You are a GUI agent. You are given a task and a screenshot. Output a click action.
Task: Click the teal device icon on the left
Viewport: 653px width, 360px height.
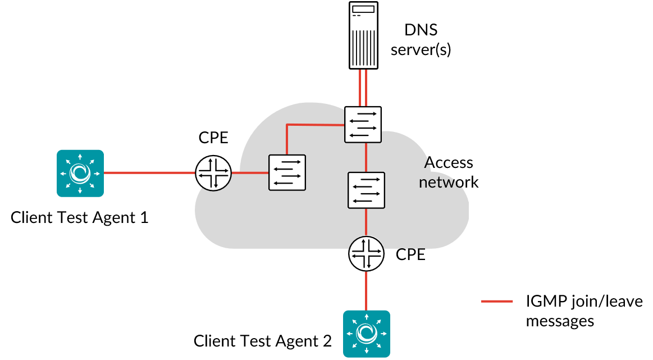coord(80,173)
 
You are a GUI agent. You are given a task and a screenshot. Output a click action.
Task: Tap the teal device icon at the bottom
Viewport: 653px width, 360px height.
coord(367,334)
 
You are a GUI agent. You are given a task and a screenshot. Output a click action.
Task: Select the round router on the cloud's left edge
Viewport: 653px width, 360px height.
coord(213,173)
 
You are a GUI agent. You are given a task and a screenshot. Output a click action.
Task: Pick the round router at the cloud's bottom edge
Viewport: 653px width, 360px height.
coord(367,254)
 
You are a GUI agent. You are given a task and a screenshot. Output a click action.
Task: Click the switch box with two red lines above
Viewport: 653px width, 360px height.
coord(363,124)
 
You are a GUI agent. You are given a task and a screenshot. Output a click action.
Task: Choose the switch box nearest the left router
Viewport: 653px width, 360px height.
coord(287,172)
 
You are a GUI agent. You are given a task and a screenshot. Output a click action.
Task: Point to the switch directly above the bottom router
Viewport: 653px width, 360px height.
coord(366,190)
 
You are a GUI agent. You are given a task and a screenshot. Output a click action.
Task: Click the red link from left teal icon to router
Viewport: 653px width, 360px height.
coord(149,173)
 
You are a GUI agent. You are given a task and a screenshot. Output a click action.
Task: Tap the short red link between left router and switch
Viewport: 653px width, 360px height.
coord(250,173)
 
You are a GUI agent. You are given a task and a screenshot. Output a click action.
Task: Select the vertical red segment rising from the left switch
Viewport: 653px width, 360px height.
coord(287,139)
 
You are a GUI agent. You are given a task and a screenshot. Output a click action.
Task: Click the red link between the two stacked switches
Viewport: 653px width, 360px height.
coord(366,157)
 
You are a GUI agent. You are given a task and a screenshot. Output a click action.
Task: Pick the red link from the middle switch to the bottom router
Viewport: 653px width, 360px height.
coord(366,222)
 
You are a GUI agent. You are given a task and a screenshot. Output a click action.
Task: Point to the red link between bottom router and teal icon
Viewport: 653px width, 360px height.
coord(366,291)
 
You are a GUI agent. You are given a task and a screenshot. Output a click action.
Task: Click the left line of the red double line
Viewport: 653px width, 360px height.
coord(360,88)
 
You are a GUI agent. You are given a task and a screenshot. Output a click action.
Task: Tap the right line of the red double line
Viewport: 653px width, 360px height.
coord(366,88)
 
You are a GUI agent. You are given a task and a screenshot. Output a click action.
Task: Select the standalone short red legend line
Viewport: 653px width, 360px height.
coord(497,302)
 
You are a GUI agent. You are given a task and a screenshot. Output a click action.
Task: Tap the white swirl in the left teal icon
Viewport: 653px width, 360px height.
coord(80,173)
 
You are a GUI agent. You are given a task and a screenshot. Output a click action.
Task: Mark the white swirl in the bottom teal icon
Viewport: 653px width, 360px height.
coord(367,334)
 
